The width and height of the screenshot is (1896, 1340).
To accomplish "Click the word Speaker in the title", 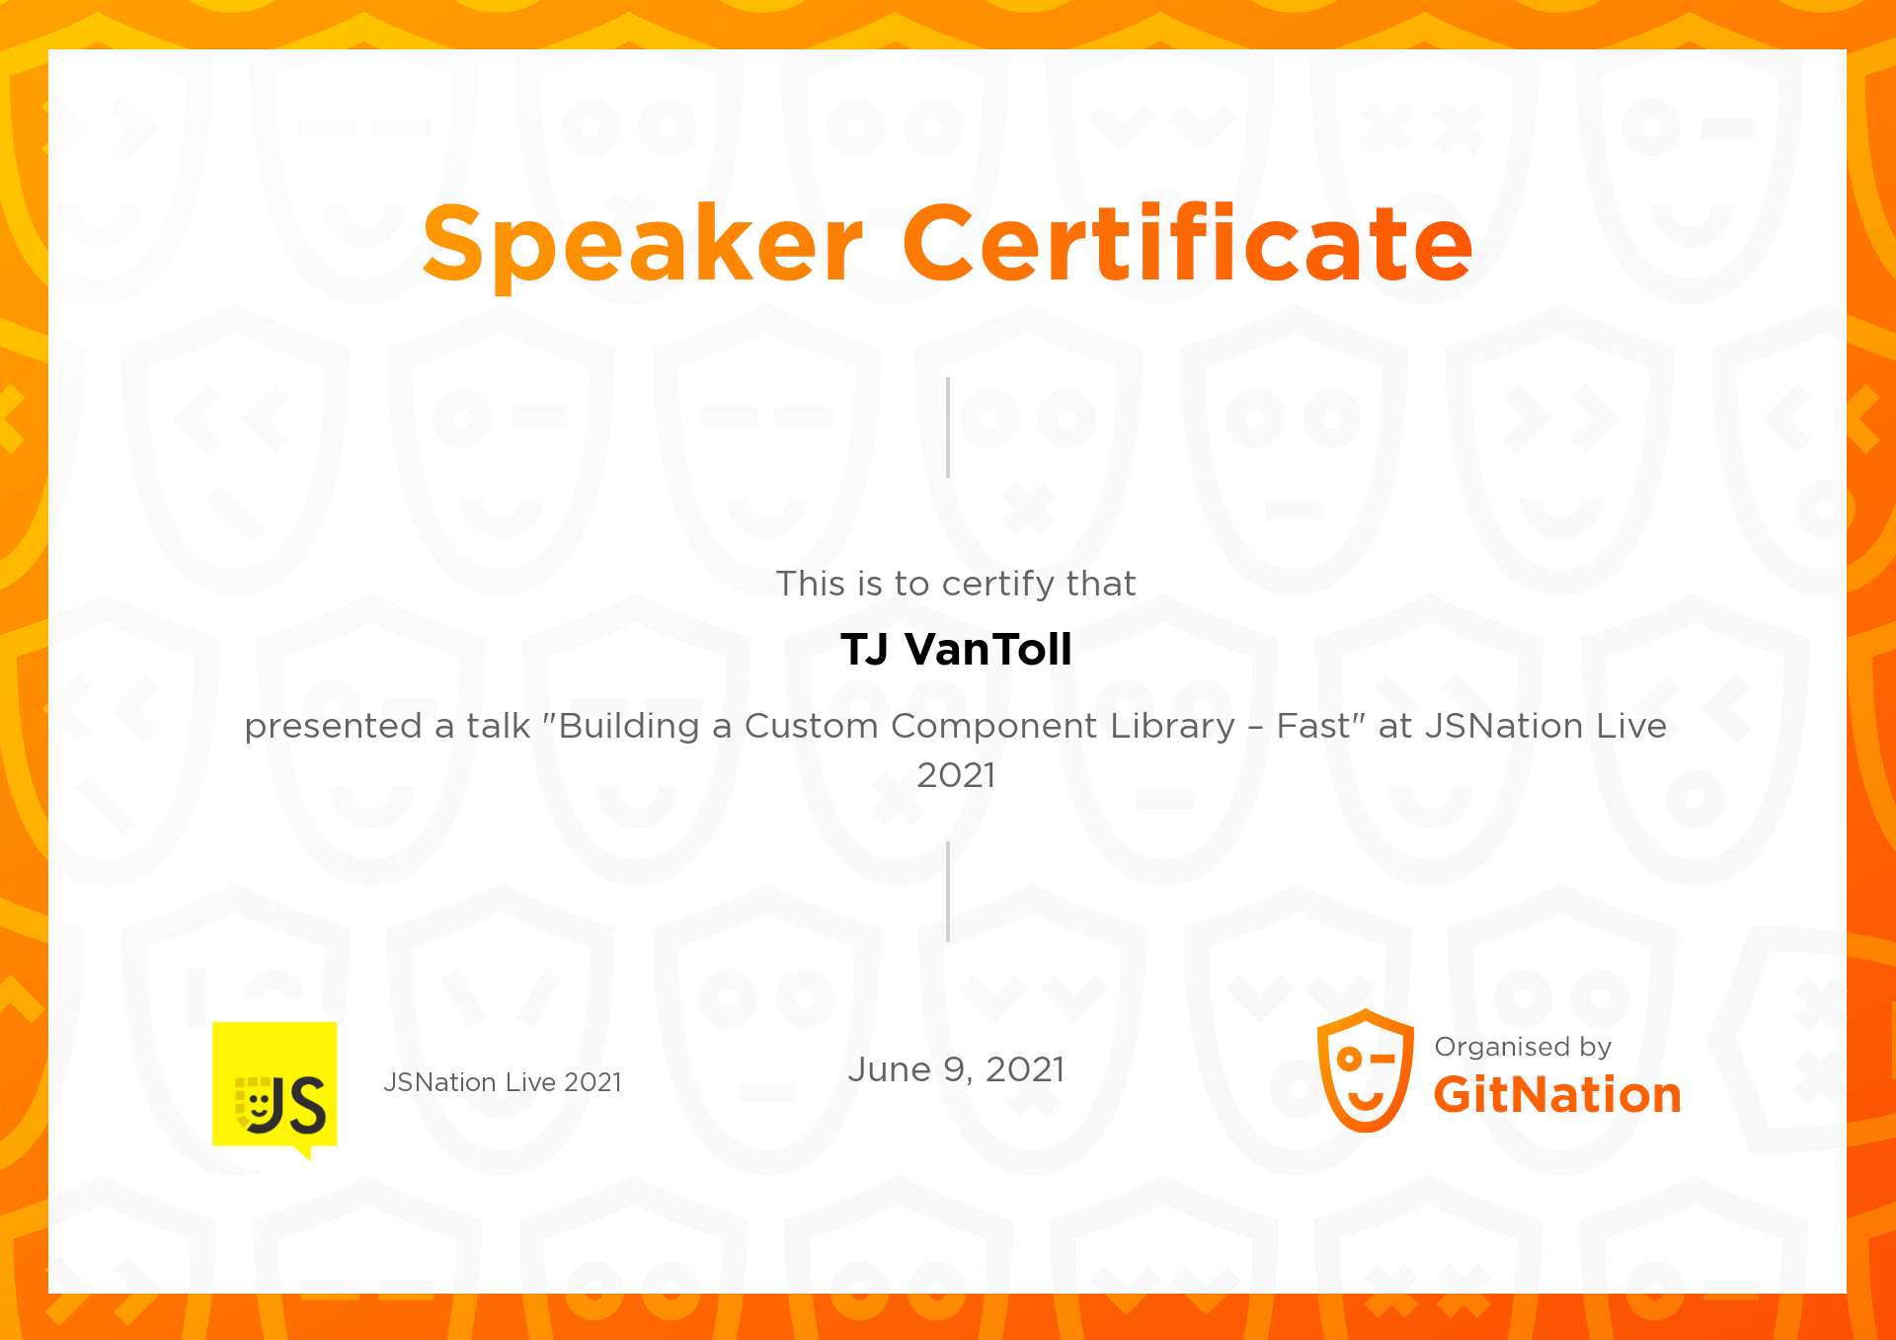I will coord(643,243).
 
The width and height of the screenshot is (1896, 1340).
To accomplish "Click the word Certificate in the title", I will coord(1187,243).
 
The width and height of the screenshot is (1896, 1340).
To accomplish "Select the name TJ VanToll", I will coord(956,650).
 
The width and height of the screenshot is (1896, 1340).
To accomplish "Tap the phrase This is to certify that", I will coord(956,584).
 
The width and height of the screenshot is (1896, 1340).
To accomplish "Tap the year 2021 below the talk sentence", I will coord(956,775).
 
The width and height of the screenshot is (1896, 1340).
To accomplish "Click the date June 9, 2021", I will coord(956,1069).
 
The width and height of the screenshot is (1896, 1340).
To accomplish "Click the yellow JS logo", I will coord(275,1086).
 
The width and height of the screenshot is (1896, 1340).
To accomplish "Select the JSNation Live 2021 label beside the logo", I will coord(503,1082).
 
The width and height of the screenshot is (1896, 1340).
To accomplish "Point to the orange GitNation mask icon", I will coord(1365,1071).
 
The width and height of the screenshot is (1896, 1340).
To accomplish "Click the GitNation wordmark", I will coord(1556,1095).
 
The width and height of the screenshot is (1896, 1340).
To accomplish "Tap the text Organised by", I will coord(1523,1047).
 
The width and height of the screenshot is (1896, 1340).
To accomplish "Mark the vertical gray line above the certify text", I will coord(948,428).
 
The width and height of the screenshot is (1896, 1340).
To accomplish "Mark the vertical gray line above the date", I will coord(948,892).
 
